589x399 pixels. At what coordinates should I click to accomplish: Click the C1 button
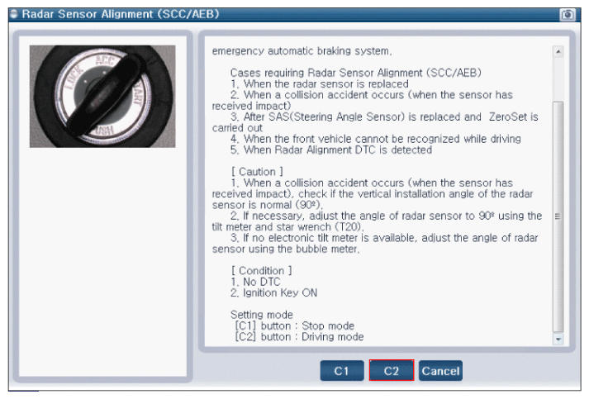click(342, 371)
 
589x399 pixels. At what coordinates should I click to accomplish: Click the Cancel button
click(440, 371)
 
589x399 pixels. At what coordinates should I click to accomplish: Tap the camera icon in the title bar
click(568, 15)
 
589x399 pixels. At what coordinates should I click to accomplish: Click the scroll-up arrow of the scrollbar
click(558, 51)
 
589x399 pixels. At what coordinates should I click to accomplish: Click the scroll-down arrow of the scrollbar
click(558, 339)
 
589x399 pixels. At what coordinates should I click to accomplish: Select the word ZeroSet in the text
click(508, 116)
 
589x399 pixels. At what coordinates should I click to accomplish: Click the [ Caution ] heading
click(257, 172)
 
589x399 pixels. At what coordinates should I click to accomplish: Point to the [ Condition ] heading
click(261, 270)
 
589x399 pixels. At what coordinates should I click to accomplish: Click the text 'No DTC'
click(261, 282)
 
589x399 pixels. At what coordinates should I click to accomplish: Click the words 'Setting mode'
click(261, 315)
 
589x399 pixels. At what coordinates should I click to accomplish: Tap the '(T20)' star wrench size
click(349, 227)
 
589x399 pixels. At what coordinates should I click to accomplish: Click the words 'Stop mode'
click(328, 325)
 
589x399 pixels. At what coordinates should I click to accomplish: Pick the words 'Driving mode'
click(332, 337)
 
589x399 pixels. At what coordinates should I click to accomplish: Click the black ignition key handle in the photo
click(104, 96)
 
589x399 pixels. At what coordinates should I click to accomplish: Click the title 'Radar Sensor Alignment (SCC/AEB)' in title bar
click(121, 14)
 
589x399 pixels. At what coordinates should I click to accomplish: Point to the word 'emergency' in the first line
click(238, 51)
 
